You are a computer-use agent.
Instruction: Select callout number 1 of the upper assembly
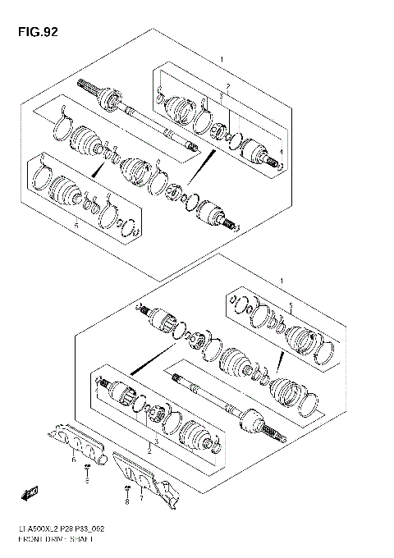pyautogui.click(x=222, y=60)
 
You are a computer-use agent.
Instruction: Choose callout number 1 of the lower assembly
pyautogui.click(x=282, y=281)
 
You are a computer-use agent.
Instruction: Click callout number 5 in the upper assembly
pyautogui.click(x=76, y=223)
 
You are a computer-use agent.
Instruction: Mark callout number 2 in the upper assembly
pyautogui.click(x=228, y=85)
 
